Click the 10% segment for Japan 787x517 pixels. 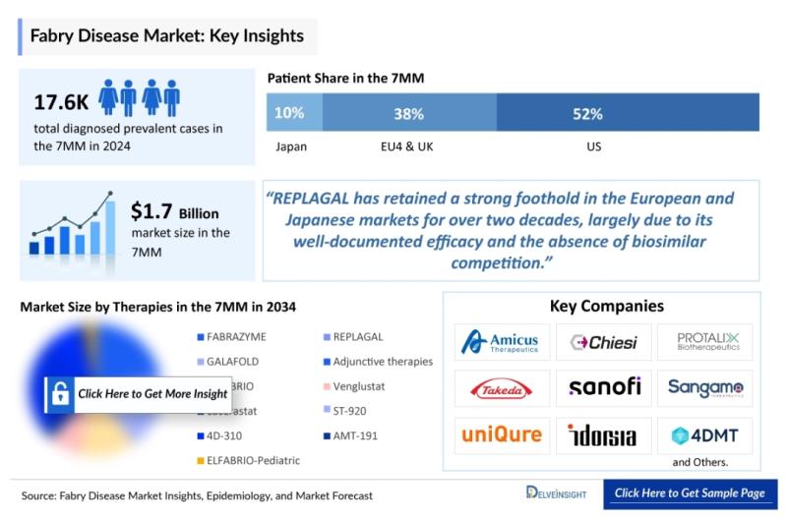coord(289,113)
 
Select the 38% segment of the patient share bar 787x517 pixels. coord(408,113)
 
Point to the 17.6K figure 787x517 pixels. coord(60,101)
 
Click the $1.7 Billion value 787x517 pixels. coord(174,211)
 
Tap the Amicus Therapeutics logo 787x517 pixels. coord(503,342)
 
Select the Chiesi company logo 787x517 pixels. coord(604,342)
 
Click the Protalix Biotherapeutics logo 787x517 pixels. coord(704,342)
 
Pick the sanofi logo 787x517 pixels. coord(604,387)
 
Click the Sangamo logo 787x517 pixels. coord(704,387)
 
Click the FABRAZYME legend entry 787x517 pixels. coord(235,337)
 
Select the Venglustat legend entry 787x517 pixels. coord(359,386)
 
